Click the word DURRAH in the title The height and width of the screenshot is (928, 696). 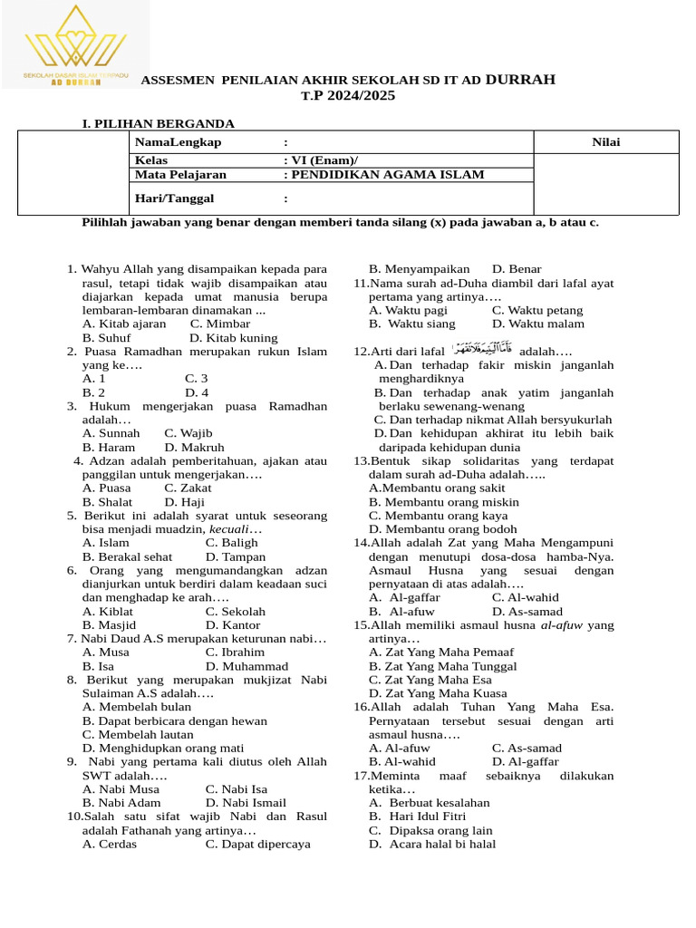click(x=520, y=80)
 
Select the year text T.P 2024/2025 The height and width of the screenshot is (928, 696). click(x=348, y=95)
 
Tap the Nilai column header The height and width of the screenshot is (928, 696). click(x=606, y=142)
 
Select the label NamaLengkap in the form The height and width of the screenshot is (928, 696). click(x=178, y=142)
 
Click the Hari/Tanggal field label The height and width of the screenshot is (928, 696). click(x=175, y=198)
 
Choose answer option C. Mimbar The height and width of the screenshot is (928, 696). click(x=220, y=324)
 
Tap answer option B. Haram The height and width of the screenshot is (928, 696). click(x=109, y=448)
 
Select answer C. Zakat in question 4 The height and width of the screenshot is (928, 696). click(x=188, y=488)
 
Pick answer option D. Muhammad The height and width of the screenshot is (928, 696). click(x=246, y=666)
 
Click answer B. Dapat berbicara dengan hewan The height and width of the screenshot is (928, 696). click(x=175, y=720)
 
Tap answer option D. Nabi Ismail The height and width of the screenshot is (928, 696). click(x=246, y=803)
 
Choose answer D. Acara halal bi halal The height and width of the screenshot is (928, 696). click(x=432, y=844)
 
